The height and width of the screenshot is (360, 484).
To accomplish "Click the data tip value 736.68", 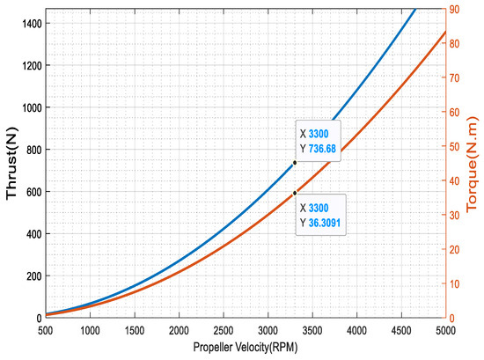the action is point(322,149).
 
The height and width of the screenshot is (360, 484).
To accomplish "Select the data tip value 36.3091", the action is point(325,223).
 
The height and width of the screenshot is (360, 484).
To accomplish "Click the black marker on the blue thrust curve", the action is point(295,163).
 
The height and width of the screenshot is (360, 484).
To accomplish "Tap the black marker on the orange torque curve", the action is point(295,193).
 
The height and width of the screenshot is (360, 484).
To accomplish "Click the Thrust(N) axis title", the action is point(11,164).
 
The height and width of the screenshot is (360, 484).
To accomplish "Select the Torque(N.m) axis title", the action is point(472,164).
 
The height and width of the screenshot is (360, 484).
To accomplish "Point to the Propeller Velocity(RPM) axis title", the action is point(246,347).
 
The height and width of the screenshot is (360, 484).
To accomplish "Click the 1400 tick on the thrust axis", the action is point(32,24).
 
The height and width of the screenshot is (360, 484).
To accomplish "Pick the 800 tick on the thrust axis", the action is point(34,150).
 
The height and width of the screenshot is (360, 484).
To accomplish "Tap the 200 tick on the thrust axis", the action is point(34,276).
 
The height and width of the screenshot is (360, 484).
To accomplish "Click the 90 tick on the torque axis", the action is point(454,10).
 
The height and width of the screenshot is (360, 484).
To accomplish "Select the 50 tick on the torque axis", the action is point(454,147).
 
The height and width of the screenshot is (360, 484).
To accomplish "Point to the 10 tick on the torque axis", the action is point(454,283).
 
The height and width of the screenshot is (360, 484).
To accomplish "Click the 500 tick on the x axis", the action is point(46,331).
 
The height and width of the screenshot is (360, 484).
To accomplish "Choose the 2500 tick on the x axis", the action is point(224,331).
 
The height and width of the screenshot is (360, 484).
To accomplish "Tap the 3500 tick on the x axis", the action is point(312,331).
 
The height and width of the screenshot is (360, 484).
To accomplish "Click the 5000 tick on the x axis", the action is point(445,331).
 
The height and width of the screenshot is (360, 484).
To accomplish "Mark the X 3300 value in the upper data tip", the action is point(319,134).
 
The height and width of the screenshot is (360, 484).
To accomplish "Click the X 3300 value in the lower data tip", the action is point(319,208).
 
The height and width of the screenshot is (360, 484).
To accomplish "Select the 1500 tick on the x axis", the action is point(135,331).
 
